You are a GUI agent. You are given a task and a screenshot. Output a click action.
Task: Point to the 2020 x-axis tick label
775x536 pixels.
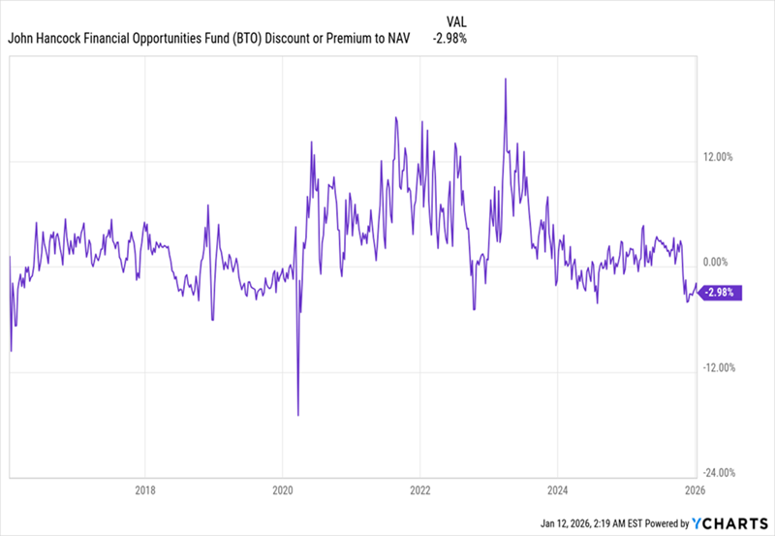pyautogui.click(x=282, y=489)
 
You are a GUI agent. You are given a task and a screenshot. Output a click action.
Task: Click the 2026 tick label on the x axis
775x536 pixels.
pyautogui.click(x=694, y=489)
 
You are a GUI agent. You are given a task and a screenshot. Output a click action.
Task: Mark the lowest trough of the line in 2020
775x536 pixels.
pyautogui.click(x=298, y=415)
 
